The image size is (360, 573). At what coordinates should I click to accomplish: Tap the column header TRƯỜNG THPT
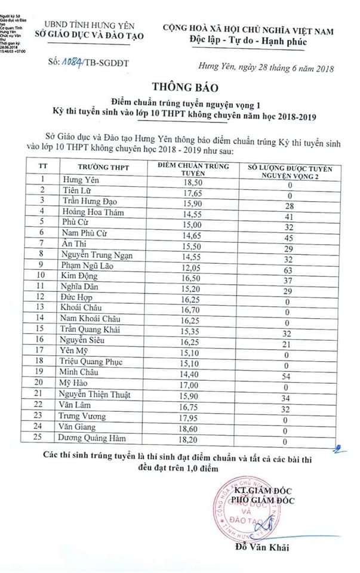(103, 167)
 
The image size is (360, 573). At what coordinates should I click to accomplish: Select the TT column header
(42, 167)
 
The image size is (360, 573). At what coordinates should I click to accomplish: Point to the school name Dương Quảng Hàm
(93, 438)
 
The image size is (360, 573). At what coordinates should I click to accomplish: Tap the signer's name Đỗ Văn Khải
(262, 547)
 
